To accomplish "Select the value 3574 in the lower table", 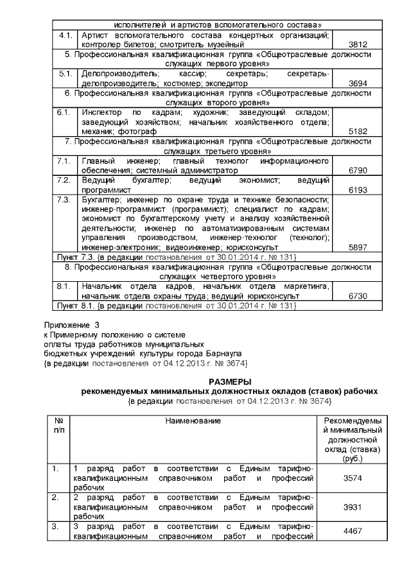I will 350,478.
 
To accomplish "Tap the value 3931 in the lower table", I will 350,507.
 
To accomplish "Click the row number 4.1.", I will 64,36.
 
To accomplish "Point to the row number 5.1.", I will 64,74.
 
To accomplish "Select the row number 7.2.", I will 64,180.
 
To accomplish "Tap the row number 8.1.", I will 64,286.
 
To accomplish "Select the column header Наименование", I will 193,420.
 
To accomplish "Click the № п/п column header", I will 58,424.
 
